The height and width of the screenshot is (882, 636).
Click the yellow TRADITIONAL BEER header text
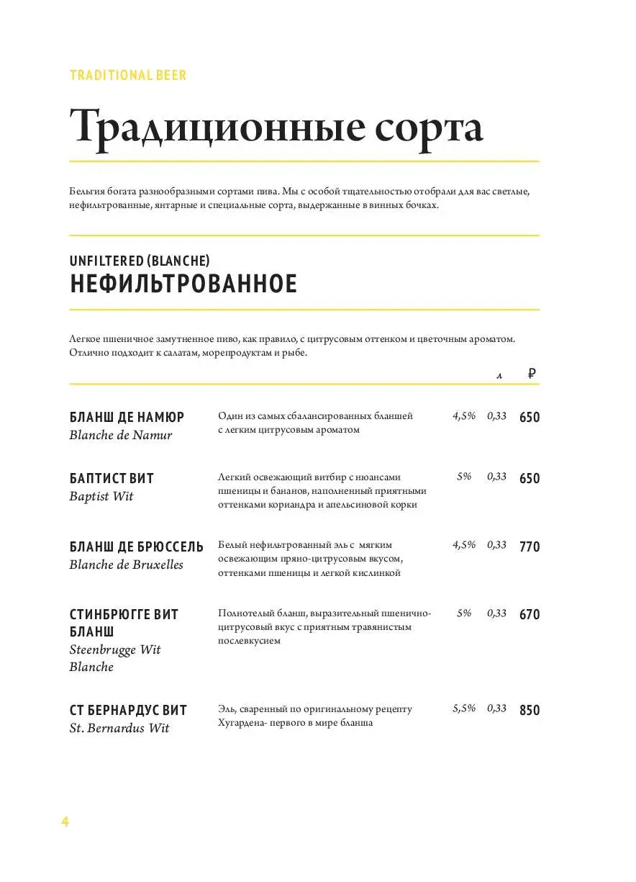128,76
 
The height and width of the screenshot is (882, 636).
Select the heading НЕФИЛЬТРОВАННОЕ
183,284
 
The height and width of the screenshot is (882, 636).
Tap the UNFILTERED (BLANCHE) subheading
140,260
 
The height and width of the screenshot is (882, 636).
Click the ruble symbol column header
532,373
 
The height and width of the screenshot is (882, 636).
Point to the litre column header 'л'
498,374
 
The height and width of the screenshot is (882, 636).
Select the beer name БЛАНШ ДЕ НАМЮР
127,417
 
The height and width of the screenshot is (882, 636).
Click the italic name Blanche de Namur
121,435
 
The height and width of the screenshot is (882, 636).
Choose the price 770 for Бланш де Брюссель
530,546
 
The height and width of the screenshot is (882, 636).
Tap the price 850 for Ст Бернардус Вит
530,710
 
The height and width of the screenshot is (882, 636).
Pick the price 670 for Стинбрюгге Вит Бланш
530,614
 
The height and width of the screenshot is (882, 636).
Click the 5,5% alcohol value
464,708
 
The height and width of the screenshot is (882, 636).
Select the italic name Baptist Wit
101,496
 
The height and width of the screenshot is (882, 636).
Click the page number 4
65,822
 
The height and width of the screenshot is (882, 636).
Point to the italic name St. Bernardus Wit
119,728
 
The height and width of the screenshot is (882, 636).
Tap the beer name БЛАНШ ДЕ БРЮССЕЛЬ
137,546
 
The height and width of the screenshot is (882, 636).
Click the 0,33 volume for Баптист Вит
496,477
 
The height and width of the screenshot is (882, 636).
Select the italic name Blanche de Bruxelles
126,564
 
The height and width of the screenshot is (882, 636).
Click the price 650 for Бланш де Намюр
530,418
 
